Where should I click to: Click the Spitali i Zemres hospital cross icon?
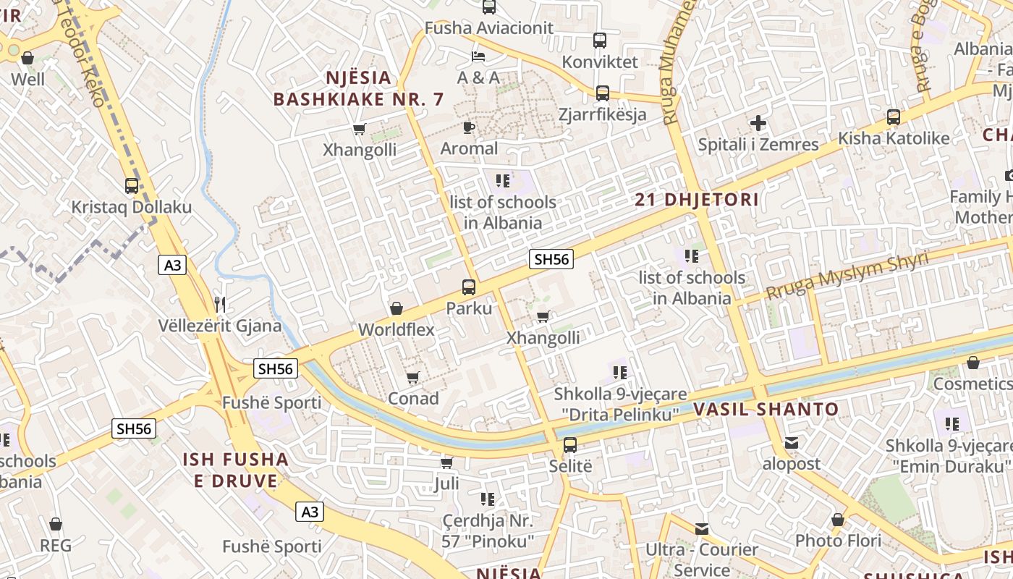(x=758, y=123)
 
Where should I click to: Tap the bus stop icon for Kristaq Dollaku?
(x=131, y=186)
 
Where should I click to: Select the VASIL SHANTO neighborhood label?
(x=766, y=409)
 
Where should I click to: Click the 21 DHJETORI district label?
(x=697, y=200)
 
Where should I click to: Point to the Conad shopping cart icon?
(x=413, y=377)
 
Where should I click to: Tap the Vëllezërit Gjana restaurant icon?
(x=221, y=304)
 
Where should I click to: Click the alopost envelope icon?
(x=792, y=442)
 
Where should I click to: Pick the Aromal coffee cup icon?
(x=469, y=127)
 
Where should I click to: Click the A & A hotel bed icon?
(x=478, y=56)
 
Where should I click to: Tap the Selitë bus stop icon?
(x=570, y=444)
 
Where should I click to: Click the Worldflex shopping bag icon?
(x=397, y=308)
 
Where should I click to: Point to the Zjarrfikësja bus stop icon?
(x=603, y=93)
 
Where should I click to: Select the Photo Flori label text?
(x=838, y=541)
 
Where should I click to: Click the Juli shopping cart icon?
(x=447, y=462)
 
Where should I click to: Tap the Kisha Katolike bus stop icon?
(x=894, y=117)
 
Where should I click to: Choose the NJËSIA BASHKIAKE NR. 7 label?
(x=358, y=88)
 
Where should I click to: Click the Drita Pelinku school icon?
(x=620, y=373)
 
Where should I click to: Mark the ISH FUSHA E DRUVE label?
(x=235, y=470)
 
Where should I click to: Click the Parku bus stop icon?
(x=469, y=287)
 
